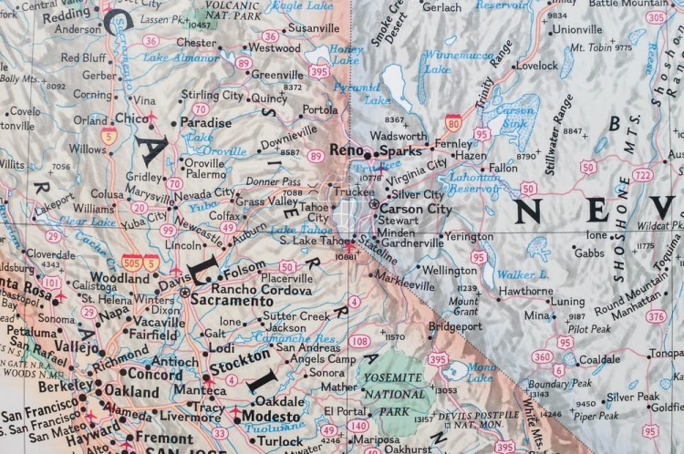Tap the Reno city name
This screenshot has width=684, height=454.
pyautogui.click(x=346, y=150)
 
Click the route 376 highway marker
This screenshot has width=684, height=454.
pyautogui.click(x=656, y=316)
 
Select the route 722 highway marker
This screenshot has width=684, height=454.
pyautogui.click(x=643, y=175)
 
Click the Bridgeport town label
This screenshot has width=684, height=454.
pyautogui.click(x=455, y=325)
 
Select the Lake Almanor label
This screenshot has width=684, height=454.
pyautogui.click(x=193, y=57)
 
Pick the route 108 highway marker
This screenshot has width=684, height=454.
pyautogui.click(x=359, y=341)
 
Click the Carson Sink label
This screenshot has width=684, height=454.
pyautogui.click(x=515, y=117)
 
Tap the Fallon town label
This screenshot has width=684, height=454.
pyautogui.click(x=503, y=168)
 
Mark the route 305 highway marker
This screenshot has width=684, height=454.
pyautogui.click(x=655, y=17)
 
